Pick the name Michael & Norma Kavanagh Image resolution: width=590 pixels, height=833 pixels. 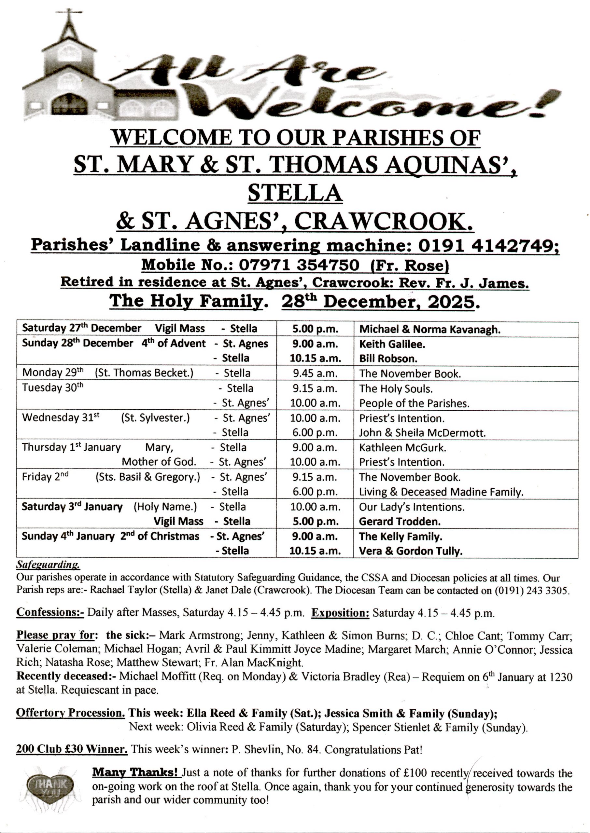tap(430, 329)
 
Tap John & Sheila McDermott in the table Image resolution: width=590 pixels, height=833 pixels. tap(422, 433)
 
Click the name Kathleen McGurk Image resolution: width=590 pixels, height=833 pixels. tap(402, 447)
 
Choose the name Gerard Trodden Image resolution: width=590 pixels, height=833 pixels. tap(400, 522)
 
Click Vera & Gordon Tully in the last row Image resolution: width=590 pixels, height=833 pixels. tap(411, 551)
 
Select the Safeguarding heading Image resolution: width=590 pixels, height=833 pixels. tap(48, 565)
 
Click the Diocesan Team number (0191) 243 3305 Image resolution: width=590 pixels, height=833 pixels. tap(531, 590)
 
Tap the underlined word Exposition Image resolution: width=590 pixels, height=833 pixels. tap(340, 613)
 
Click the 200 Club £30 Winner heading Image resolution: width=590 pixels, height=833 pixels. tap(72, 748)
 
